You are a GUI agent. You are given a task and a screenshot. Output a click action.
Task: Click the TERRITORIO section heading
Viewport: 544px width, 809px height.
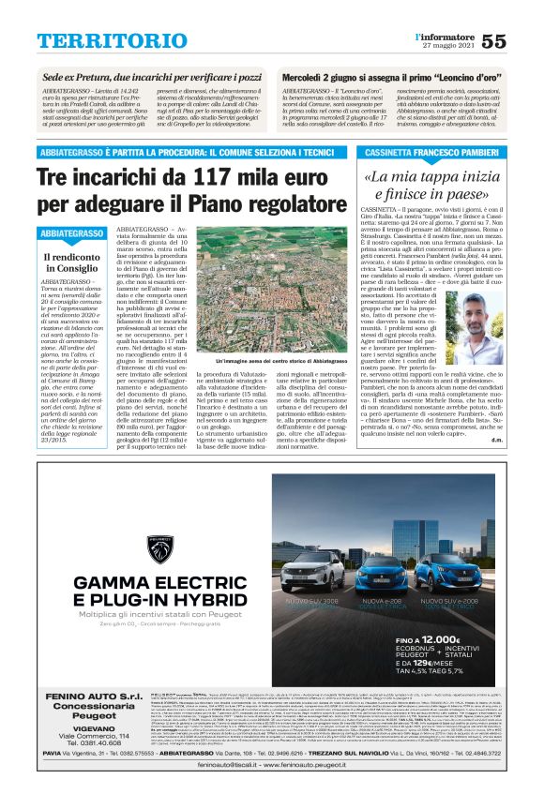tap(98, 41)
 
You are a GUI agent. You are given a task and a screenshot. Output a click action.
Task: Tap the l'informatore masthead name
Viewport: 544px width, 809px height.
tap(446, 36)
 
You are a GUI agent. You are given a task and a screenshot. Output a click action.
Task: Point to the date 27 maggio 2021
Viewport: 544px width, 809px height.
tap(448, 48)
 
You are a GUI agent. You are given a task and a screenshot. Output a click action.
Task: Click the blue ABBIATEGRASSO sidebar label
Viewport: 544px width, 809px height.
tap(72, 233)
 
